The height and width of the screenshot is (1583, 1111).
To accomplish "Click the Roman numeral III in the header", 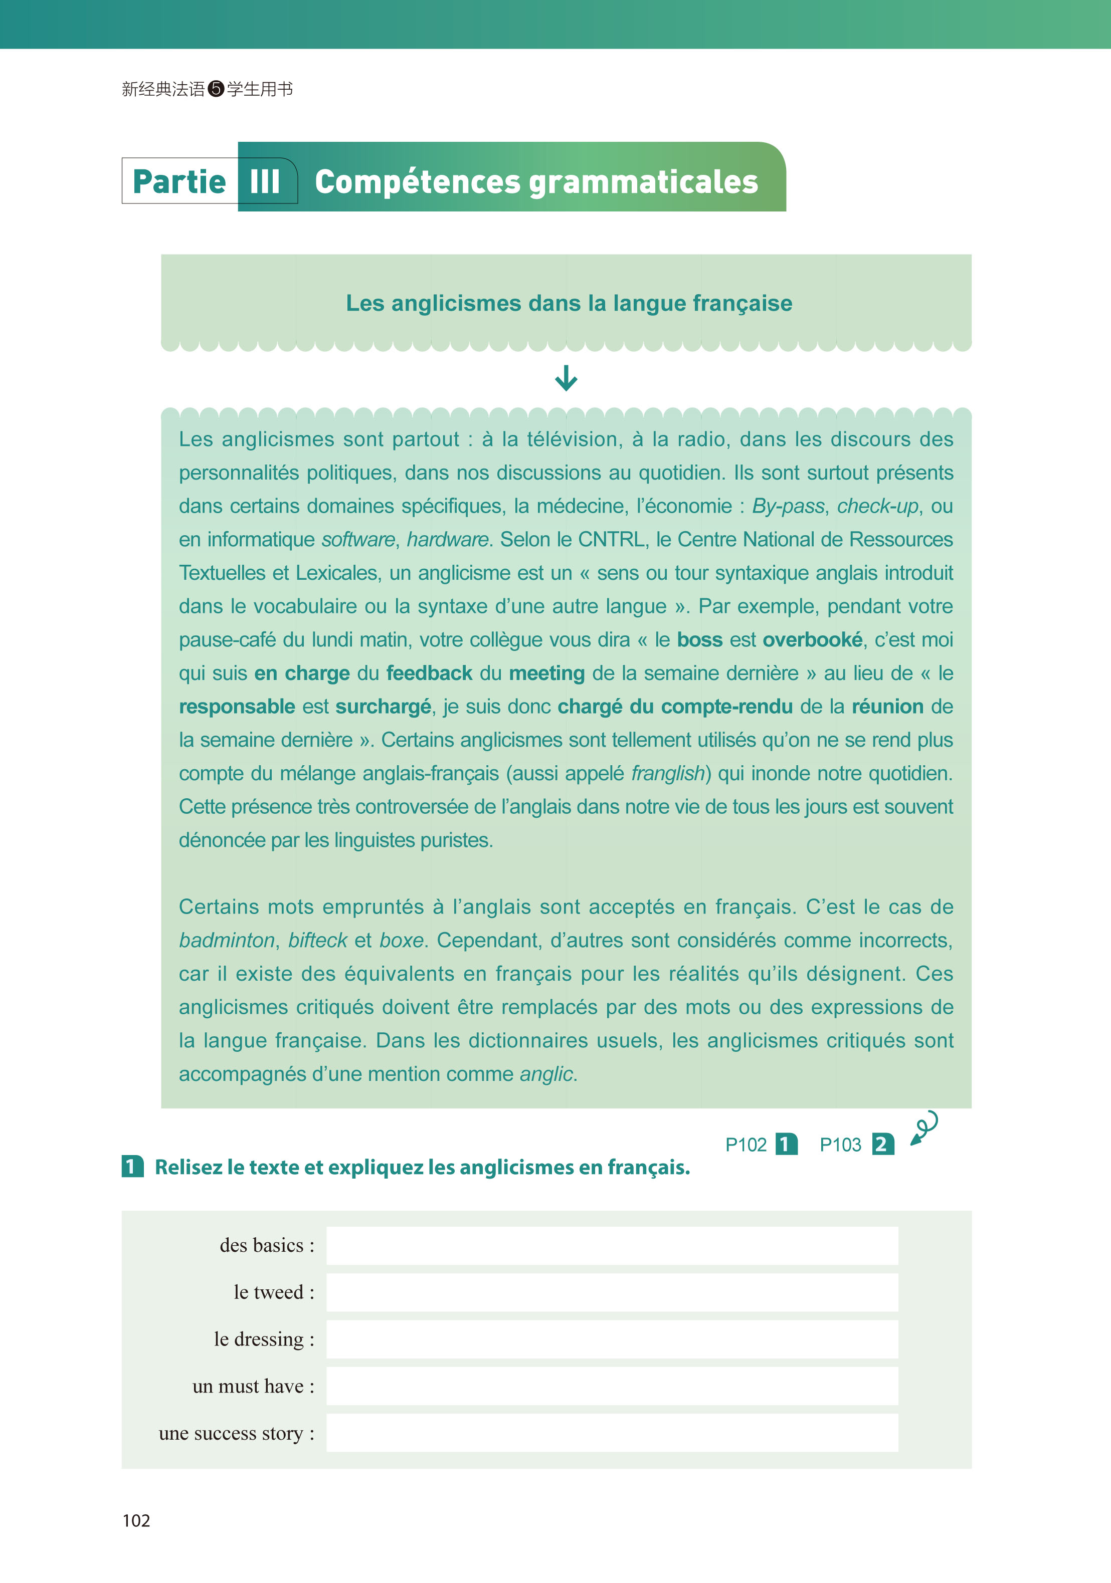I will pyautogui.click(x=265, y=182).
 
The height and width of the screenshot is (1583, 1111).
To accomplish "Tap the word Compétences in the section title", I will pyautogui.click(x=417, y=182).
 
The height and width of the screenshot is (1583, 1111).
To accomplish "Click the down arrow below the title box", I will pyautogui.click(x=566, y=378).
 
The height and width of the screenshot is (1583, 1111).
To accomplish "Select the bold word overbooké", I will pyautogui.click(x=812, y=640).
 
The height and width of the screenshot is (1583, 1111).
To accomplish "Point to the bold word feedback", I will pyautogui.click(x=429, y=673).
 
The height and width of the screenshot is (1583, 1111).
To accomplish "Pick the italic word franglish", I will pyautogui.click(x=668, y=774).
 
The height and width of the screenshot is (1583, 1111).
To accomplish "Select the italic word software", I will pyautogui.click(x=358, y=539).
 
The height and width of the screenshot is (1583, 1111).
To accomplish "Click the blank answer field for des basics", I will pyautogui.click(x=612, y=1245).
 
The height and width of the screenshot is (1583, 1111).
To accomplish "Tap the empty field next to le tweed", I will pyautogui.click(x=612, y=1292).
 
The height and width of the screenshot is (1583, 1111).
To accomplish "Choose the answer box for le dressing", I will pyautogui.click(x=612, y=1339).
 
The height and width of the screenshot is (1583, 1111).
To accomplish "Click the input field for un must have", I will pyautogui.click(x=612, y=1386).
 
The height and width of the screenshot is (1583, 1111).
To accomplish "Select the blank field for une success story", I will pyautogui.click(x=612, y=1433).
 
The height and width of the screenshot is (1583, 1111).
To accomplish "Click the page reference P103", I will pyautogui.click(x=840, y=1145).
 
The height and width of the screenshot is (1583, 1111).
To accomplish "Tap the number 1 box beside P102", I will pyautogui.click(x=786, y=1145).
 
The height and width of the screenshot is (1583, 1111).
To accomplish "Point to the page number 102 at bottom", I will pyautogui.click(x=136, y=1521).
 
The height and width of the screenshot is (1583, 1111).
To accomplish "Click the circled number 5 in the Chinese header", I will pyautogui.click(x=216, y=89).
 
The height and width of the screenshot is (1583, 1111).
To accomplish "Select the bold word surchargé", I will pyautogui.click(x=384, y=707).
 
